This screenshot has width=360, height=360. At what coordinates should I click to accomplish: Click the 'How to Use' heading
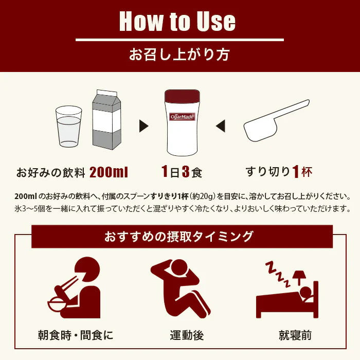coord(177,21)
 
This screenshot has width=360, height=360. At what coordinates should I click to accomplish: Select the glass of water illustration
coord(68,127)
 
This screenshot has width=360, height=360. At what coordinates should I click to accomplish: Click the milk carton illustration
coord(106,119)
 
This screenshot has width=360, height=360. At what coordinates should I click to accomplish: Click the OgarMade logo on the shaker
coord(182,117)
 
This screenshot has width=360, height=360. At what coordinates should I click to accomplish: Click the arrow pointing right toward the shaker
coord(143,125)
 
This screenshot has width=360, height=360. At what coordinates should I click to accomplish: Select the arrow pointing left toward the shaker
coord(220,125)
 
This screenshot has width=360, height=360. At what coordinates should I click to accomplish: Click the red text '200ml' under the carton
coord(109,172)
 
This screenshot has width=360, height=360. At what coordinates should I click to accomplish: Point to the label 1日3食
coord(181,172)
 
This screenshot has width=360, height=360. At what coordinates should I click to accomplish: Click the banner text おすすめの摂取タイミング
coord(179,237)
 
